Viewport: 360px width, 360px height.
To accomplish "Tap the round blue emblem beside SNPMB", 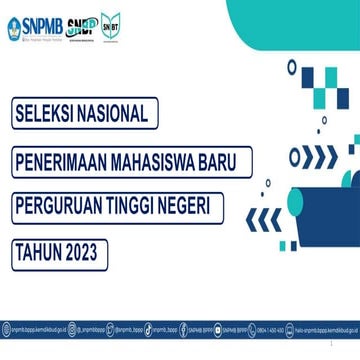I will pos(13,28).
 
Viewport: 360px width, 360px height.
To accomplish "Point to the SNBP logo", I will pos(82,28).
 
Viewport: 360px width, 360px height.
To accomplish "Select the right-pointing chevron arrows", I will pos(319,157).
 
